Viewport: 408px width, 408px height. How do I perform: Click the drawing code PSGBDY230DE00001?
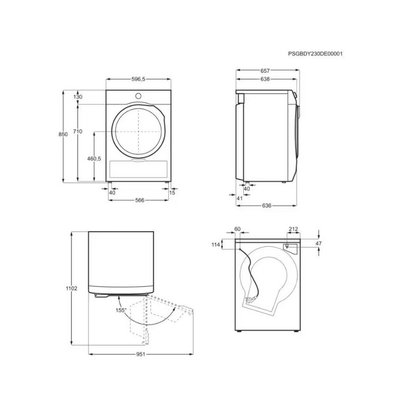click(x=315, y=54)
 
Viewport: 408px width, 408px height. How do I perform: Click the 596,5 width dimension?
click(x=138, y=79)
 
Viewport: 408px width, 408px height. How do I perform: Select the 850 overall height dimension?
click(x=63, y=134)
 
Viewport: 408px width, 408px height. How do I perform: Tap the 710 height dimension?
click(x=78, y=132)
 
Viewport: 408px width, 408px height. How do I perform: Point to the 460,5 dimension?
click(x=94, y=159)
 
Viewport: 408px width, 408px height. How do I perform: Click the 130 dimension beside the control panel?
click(x=78, y=97)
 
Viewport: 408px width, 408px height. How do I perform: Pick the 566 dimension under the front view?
click(x=140, y=200)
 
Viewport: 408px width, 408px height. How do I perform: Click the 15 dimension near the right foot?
click(x=172, y=193)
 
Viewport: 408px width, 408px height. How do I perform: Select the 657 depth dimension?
click(x=265, y=71)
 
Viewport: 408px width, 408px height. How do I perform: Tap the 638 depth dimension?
click(x=265, y=79)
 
